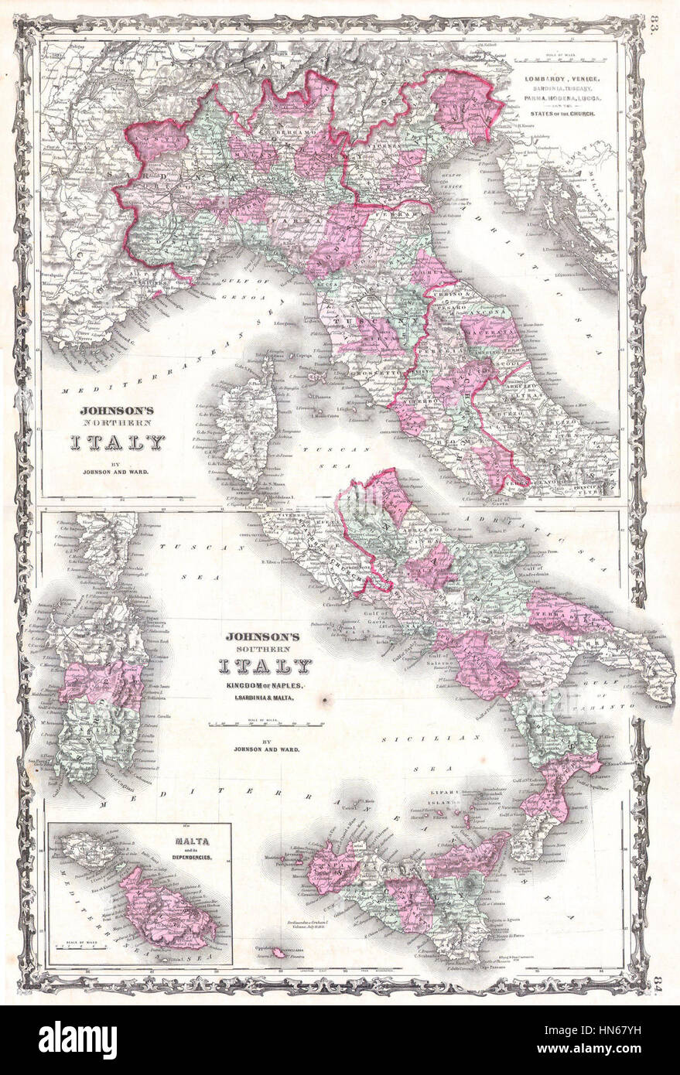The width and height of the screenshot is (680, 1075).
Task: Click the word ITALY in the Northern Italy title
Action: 118,442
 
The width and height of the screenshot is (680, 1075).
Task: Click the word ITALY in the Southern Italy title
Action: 265,666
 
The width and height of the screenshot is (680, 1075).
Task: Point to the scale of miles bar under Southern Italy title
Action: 265,725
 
